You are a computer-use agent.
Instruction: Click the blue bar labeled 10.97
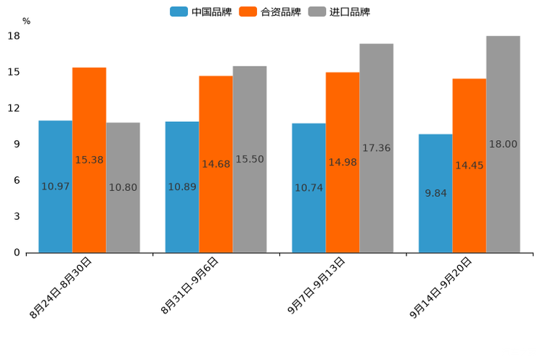(x=55, y=187)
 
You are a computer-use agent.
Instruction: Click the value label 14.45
(x=469, y=166)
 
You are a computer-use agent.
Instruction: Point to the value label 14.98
(x=343, y=163)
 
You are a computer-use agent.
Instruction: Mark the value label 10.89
(x=182, y=187)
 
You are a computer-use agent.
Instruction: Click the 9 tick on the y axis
(x=17, y=144)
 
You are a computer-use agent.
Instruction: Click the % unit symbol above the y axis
(x=26, y=22)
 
